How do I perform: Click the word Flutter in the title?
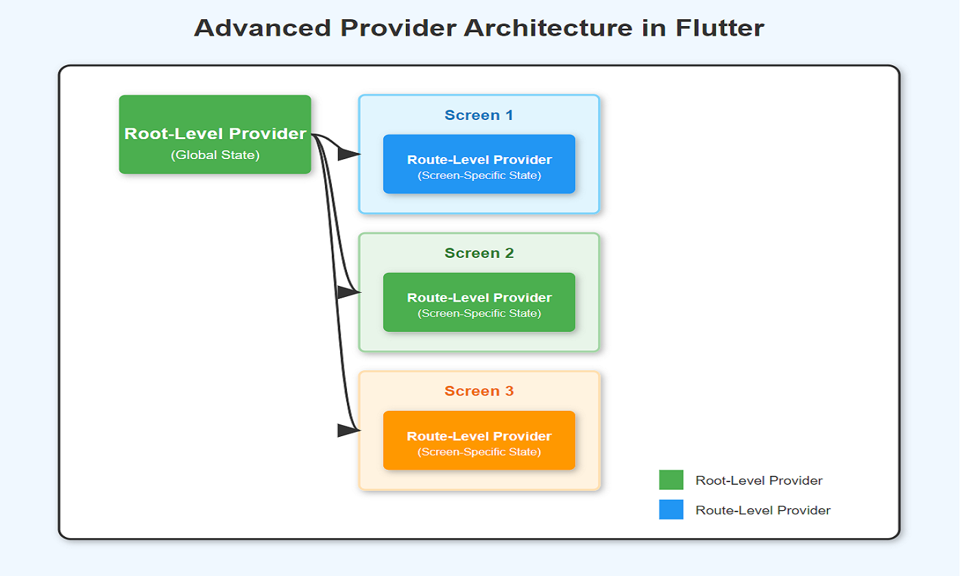click(719, 28)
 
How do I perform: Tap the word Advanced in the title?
click(263, 28)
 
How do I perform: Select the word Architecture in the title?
click(548, 28)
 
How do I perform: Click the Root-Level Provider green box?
click(215, 134)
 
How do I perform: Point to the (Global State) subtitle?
click(215, 155)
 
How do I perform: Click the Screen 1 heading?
click(479, 115)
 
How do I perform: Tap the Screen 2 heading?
click(479, 253)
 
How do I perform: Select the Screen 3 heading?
click(479, 391)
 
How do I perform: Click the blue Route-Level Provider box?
click(479, 164)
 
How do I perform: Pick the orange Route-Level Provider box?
click(479, 440)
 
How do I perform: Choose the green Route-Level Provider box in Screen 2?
click(479, 302)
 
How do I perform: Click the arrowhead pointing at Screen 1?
click(349, 154)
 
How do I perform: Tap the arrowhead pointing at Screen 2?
click(349, 292)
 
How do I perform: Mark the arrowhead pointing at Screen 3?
click(349, 431)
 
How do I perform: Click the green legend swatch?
click(671, 480)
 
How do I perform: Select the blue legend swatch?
click(671, 509)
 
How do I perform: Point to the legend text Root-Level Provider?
click(759, 481)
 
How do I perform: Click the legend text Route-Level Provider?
click(763, 510)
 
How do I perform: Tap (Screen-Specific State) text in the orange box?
click(479, 452)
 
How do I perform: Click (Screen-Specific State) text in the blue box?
click(479, 176)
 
